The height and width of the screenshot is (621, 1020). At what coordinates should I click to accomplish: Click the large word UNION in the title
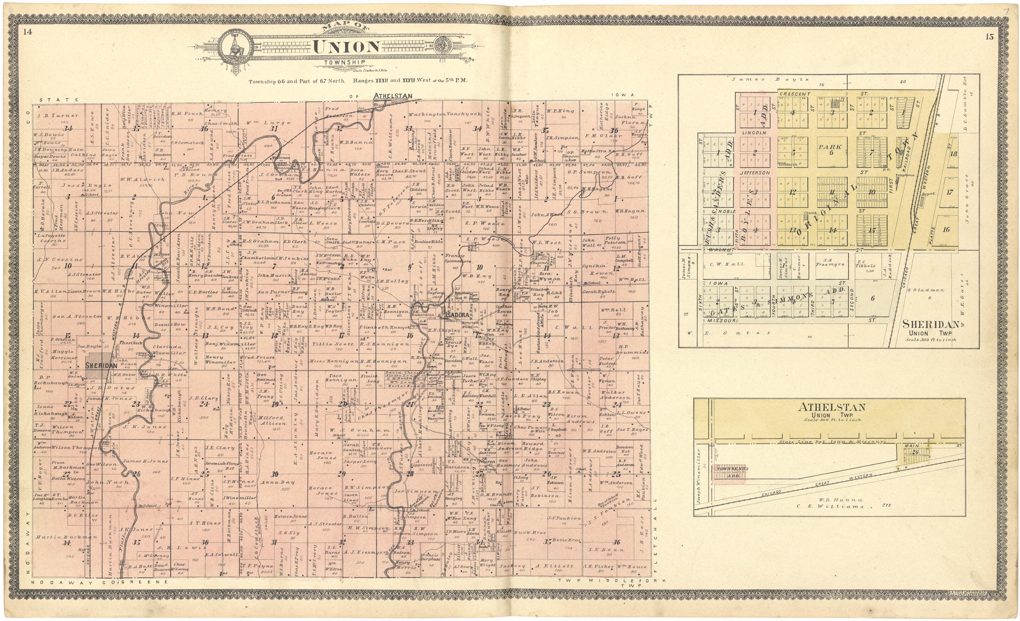coord(346,47)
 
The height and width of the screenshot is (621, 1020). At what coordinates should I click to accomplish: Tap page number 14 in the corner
coord(28,32)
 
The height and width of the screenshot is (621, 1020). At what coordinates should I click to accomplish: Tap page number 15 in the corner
coord(989,37)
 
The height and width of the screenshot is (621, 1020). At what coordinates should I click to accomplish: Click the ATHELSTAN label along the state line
coord(393,96)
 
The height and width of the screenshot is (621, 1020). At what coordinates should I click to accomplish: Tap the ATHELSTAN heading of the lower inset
coord(831,407)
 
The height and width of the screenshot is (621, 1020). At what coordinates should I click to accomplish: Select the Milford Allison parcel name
coord(274,420)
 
